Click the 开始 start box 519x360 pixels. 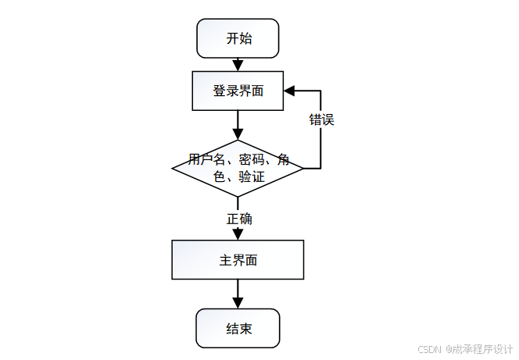[x=238, y=38]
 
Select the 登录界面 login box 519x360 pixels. [x=238, y=91]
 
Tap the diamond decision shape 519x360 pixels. [x=238, y=168]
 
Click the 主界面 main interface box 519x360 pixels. [x=238, y=260]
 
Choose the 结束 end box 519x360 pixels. [x=238, y=329]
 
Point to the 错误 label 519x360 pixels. [x=321, y=120]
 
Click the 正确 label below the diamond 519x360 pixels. [x=239, y=219]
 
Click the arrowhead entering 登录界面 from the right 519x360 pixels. [x=288, y=91]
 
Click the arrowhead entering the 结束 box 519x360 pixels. [x=238, y=303]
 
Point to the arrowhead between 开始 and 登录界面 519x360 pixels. [x=238, y=65]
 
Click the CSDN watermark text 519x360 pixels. [x=430, y=349]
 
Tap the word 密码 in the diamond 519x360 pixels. [x=252, y=160]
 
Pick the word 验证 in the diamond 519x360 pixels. [x=252, y=177]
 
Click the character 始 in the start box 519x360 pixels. [x=245, y=38]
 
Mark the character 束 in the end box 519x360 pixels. [x=245, y=329]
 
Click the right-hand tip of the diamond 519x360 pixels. [x=302, y=168]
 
